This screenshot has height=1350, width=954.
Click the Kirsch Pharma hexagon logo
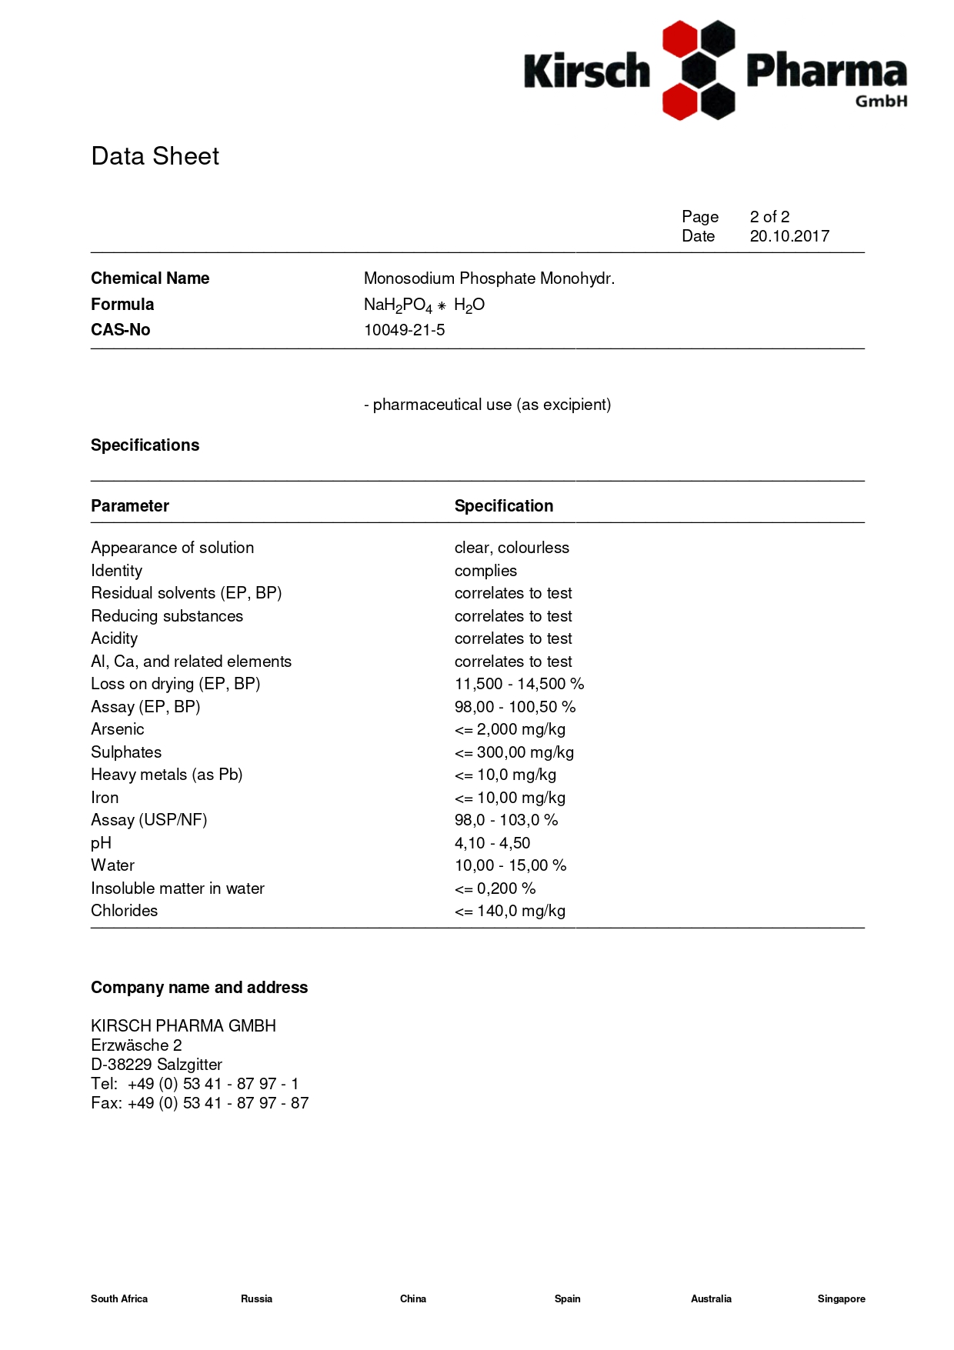click(699, 70)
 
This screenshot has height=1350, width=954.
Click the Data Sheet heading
click(155, 156)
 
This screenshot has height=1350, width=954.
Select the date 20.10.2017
click(789, 236)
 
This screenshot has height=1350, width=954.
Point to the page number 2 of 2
click(769, 217)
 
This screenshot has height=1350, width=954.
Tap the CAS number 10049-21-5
click(404, 330)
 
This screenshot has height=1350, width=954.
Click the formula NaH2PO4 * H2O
click(424, 305)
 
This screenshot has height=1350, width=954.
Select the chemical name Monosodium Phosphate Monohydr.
click(489, 278)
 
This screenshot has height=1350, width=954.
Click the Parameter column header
click(130, 506)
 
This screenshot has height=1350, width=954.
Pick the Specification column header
click(503, 506)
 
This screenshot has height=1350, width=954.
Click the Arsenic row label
click(118, 729)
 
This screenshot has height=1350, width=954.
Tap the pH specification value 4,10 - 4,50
click(492, 843)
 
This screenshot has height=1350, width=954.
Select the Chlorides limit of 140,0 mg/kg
click(509, 911)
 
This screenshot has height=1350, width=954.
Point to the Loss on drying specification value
click(519, 684)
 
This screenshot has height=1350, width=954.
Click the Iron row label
click(105, 798)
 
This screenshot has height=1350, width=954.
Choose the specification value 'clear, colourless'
click(512, 548)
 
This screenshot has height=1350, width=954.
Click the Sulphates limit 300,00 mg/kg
click(514, 752)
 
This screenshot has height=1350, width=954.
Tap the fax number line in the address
click(199, 1103)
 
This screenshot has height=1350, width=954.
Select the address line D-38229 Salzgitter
click(156, 1065)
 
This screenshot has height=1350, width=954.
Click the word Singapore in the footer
click(841, 1298)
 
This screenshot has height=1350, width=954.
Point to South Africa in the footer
click(119, 1298)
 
